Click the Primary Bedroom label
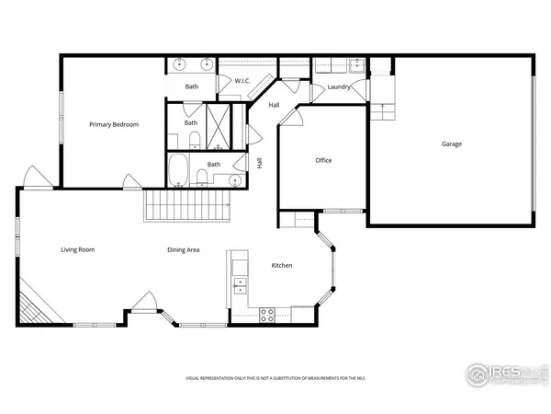tap(114, 124)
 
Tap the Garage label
tap(451, 144)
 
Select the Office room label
tap(323, 161)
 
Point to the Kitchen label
tap(282, 266)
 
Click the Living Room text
tap(78, 249)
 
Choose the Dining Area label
tap(184, 249)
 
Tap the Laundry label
tap(339, 87)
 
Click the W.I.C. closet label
tap(243, 81)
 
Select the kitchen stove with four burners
tap(268, 314)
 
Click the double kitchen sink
tap(240, 275)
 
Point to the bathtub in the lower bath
tap(180, 172)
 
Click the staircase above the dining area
tap(187, 206)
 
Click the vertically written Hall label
tap(260, 163)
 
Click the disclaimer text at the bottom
tap(275, 378)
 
